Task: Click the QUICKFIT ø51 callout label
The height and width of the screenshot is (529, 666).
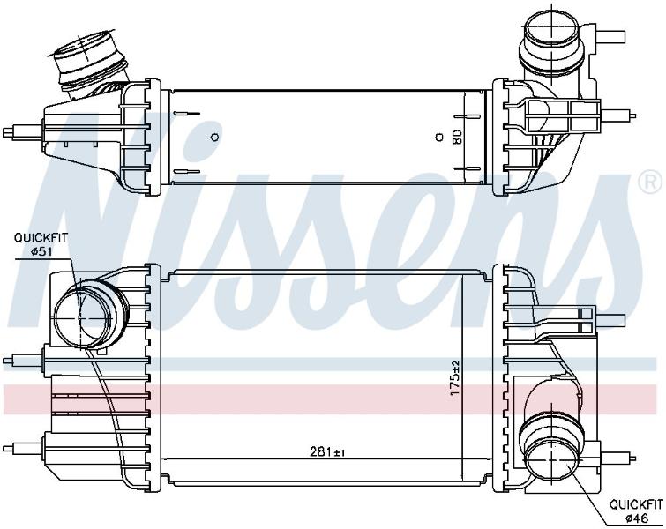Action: coord(41,244)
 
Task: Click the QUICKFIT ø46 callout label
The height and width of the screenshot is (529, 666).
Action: coord(636,510)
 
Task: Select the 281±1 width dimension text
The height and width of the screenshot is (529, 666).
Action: coord(326,451)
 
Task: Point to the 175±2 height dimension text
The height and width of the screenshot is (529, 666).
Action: coord(455,378)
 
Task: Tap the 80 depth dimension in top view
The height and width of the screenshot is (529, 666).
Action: coord(458,137)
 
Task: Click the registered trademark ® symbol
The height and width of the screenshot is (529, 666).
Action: coord(650,182)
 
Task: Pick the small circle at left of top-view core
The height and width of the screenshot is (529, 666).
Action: coord(215,137)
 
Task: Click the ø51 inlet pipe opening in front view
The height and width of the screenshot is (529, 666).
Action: coord(80,316)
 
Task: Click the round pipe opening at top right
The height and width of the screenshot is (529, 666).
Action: coord(552,31)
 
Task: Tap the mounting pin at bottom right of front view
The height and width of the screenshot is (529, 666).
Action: coord(618,458)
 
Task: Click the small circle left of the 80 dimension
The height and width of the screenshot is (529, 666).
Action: coord(438,137)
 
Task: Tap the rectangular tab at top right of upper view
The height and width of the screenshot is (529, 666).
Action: coord(610,36)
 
